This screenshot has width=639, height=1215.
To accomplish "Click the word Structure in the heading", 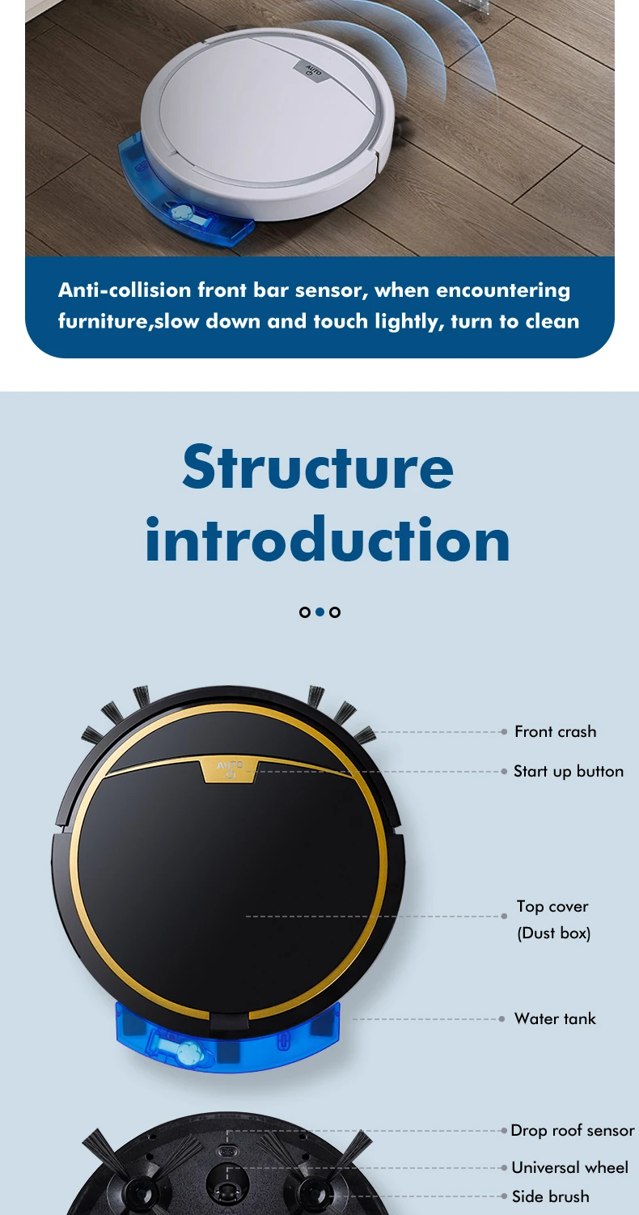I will click(x=318, y=467).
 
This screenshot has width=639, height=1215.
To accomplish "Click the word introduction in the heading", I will click(x=328, y=540).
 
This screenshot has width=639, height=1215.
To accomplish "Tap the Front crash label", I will click(x=555, y=732).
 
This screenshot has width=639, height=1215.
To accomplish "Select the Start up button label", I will click(x=568, y=772).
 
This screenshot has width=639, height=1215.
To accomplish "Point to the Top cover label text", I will click(x=552, y=907).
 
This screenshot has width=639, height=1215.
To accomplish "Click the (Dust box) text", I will click(x=554, y=933).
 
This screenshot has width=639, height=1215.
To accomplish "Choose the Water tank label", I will click(x=555, y=1019).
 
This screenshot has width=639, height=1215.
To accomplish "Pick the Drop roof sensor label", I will click(x=573, y=1131).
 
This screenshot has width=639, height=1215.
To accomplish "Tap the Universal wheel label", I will click(x=569, y=1168).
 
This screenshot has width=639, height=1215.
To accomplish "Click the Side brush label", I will click(x=550, y=1196).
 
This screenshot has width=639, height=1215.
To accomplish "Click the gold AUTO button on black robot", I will click(x=230, y=768).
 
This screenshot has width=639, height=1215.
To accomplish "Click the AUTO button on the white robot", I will click(x=314, y=72).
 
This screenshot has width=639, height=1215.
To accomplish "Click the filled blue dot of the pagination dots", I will click(x=319, y=612).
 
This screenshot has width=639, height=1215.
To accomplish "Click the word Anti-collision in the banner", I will click(x=124, y=290).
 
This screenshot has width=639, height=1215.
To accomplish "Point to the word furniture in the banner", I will click(x=104, y=321).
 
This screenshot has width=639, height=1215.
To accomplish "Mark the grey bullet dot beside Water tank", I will click(x=504, y=1019).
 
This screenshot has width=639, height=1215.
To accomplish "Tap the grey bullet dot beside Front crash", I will click(x=504, y=732).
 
